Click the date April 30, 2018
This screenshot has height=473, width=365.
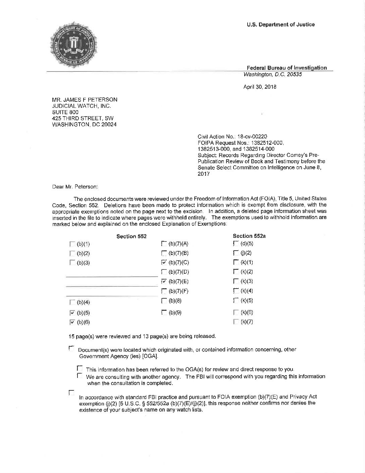click(260, 87)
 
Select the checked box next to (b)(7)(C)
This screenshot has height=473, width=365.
click(164, 262)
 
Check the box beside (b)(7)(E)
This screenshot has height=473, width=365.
click(164, 281)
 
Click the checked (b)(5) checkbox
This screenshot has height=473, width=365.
click(72, 313)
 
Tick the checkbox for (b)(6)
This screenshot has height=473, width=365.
click(72, 322)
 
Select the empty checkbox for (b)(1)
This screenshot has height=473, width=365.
click(72, 244)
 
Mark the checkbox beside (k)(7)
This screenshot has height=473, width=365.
click(235, 322)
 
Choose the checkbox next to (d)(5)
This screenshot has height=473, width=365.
click(235, 243)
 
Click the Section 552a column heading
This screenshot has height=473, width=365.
click(249, 236)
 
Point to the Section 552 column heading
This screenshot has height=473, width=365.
click(131, 236)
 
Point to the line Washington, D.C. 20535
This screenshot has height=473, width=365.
click(272, 75)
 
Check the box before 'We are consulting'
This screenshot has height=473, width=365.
click(80, 376)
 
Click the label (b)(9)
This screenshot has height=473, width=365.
click(175, 313)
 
